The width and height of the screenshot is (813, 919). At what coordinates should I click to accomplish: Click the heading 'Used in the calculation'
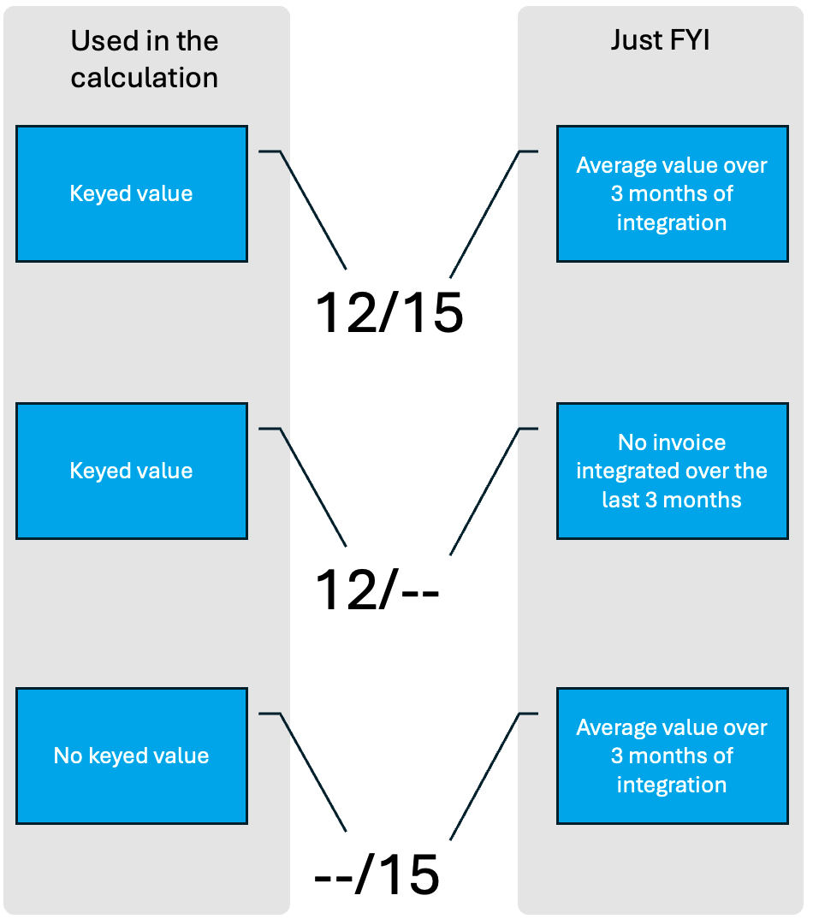(144, 59)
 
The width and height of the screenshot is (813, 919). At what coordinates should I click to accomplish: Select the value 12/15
(389, 312)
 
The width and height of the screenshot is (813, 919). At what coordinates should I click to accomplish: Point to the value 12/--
(377, 590)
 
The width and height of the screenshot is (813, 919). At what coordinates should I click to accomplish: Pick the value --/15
(377, 875)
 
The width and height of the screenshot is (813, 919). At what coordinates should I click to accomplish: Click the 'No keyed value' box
(132, 756)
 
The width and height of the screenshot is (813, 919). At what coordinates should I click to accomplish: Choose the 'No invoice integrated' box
(673, 471)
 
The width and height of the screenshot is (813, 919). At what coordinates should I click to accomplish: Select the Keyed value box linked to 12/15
(132, 194)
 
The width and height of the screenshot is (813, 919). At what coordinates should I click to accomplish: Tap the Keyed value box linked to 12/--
(132, 471)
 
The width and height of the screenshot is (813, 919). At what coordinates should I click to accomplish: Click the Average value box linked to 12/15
(673, 194)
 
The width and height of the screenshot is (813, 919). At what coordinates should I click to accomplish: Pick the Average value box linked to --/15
(673, 756)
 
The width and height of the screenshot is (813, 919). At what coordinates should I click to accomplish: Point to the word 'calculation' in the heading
(144, 78)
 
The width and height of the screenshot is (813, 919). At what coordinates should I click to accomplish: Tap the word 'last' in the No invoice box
(620, 500)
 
